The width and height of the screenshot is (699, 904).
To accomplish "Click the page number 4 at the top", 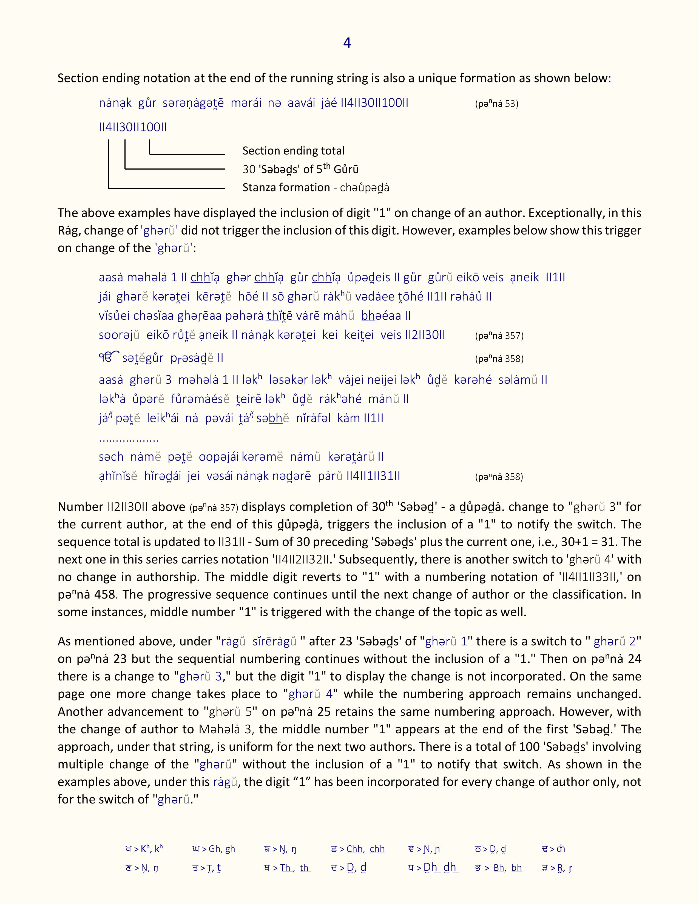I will coord(347,43).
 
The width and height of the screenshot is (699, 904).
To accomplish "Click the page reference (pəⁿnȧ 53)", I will coord(496,104).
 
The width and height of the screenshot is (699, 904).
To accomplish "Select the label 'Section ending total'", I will coord(293,151).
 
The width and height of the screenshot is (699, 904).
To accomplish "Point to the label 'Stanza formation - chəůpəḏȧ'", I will coord(316,187).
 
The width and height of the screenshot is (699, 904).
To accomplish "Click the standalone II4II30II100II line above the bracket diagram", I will coord(132,127).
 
